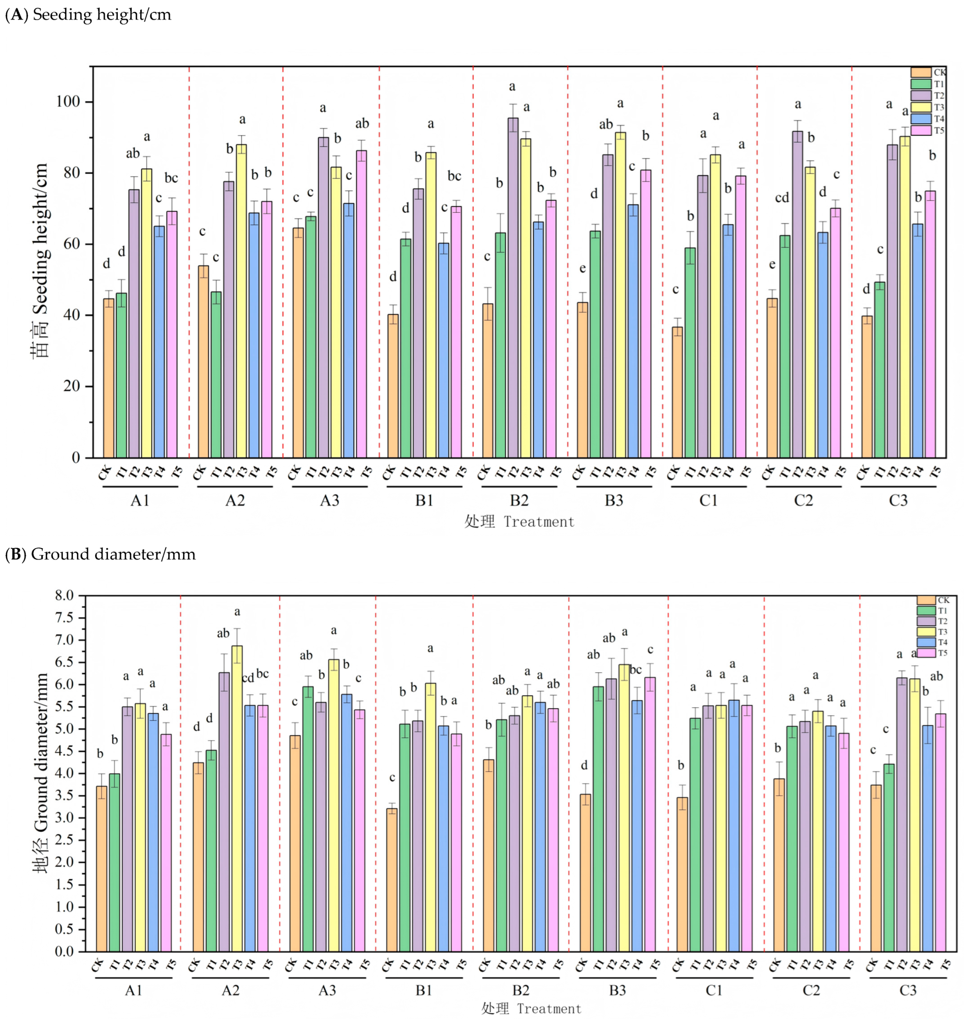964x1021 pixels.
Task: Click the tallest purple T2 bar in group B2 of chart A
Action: tap(513, 288)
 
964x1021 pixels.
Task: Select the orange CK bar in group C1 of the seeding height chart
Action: tap(677, 392)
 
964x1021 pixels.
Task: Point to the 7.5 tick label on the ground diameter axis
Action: tap(64, 618)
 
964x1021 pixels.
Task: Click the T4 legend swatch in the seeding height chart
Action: tap(921, 119)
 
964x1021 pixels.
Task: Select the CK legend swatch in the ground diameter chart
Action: tap(926, 600)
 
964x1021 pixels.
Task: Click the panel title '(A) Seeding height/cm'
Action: tap(88, 14)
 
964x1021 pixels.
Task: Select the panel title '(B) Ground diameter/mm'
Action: tap(100, 554)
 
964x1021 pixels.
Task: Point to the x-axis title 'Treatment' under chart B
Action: tap(549, 1009)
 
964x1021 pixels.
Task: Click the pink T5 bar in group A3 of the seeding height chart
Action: tap(361, 304)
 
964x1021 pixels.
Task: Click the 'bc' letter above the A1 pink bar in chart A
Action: tap(171, 178)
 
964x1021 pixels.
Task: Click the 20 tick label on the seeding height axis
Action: tap(72, 386)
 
